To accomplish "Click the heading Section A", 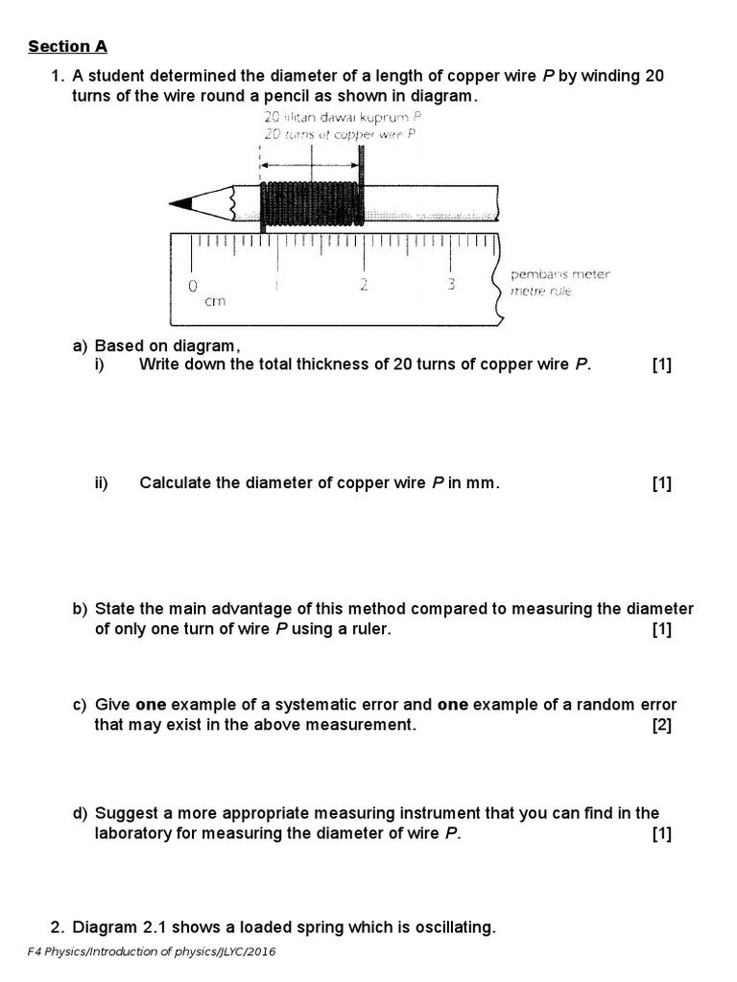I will coord(67,46).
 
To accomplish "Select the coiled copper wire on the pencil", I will coord(311,202).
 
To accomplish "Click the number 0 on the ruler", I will coord(193,285).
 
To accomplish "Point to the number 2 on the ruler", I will coord(364,285).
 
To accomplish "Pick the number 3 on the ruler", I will coord(450,285).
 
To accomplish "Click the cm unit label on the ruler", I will coord(215,301).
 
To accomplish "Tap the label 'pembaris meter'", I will coord(559,274).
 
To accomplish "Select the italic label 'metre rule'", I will coord(540,291).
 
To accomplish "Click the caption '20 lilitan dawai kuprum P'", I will coord(342,118).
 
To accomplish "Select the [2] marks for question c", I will coord(661,725).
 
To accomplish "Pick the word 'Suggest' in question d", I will coord(124,813).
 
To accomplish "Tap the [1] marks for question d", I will coord(661,833).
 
